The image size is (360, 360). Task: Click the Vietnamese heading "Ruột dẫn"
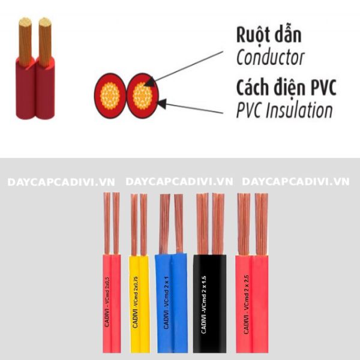(268, 34)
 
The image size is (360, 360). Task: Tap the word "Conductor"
(270, 58)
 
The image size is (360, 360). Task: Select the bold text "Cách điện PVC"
(286, 88)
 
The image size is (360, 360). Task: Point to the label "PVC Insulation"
(284, 110)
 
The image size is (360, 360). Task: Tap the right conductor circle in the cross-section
(142, 94)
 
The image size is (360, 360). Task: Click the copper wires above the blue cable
(171, 222)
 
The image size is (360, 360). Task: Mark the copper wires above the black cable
(209, 222)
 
